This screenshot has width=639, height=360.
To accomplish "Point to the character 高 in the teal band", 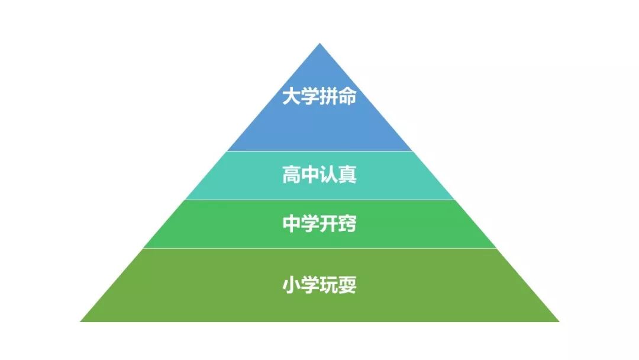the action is tap(292, 175).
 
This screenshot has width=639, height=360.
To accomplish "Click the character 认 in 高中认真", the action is tap(329, 175).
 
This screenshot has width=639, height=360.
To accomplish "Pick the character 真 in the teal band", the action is tap(348, 175).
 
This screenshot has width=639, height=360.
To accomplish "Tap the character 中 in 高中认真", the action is tap(311, 175).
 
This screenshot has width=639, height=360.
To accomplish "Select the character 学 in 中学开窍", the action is tap(311, 224).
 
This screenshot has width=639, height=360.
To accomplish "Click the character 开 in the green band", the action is tap(329, 224).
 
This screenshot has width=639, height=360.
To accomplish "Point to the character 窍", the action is tap(348, 224).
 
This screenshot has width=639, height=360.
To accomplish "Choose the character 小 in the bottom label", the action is tap(292, 286).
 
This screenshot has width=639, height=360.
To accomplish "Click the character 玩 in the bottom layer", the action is tap(329, 286).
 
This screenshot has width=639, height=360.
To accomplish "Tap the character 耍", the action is tap(348, 286).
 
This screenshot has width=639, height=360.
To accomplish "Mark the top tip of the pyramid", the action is tap(319, 44).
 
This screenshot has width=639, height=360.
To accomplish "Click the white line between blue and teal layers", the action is tap(319, 151).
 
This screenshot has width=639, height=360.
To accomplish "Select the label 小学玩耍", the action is tap(319, 286).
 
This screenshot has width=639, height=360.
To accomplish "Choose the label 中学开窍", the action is tap(319, 224).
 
